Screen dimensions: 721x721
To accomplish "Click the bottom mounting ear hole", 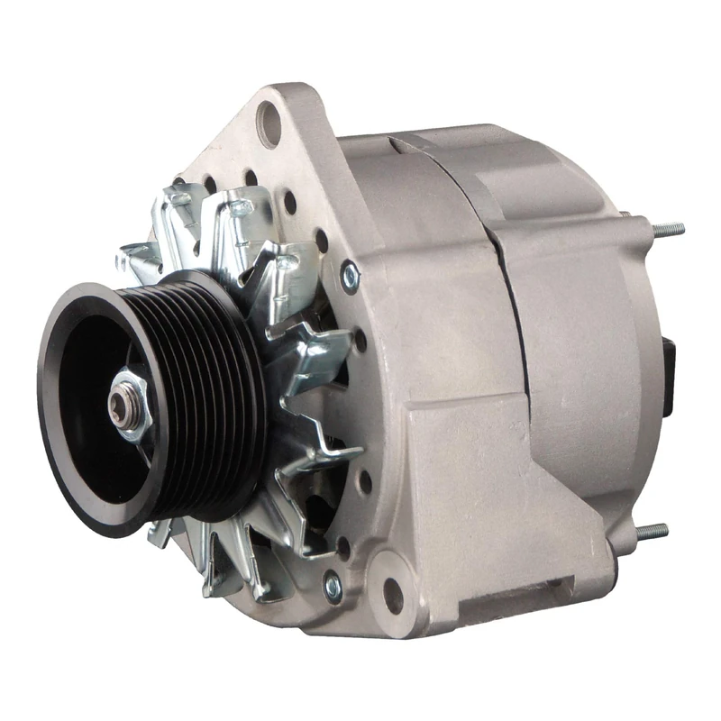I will pos(393,595).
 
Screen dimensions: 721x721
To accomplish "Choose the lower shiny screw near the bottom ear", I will pos(332,587).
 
